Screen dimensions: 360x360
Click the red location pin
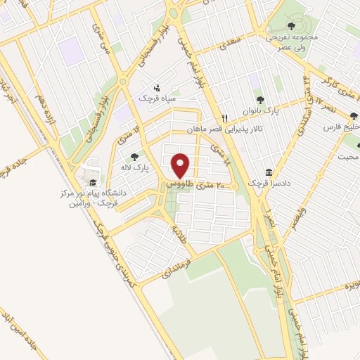(x=181, y=166)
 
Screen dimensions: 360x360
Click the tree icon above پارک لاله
(x=134, y=157)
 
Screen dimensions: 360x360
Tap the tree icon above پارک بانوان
(x=261, y=100)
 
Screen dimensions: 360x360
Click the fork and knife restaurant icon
(x=224, y=118)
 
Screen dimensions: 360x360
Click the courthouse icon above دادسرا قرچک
(x=269, y=173)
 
